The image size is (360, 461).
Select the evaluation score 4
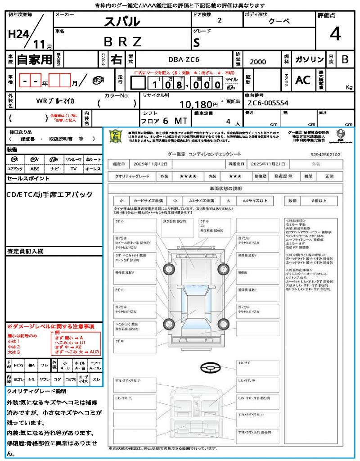334,34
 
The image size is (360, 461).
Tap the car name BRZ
122,41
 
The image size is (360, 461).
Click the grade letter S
196,42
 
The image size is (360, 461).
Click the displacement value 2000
258,62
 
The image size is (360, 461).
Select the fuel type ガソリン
309,59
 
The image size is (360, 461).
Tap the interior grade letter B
345,59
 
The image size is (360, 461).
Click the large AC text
303,80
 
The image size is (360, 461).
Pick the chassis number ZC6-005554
268,103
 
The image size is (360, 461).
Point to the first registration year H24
17,35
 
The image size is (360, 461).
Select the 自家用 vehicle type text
34,59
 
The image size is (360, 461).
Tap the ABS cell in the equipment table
35,169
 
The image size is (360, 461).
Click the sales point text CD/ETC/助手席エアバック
50,194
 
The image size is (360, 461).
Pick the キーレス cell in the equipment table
93,169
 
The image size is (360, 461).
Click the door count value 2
219,21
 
